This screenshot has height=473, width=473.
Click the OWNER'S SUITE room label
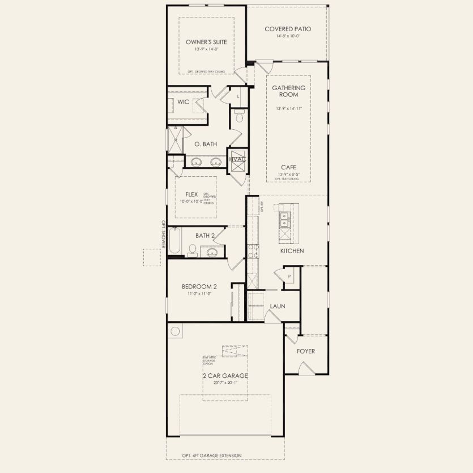206,42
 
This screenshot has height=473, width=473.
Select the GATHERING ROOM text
288,91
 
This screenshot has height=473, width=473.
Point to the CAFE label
288,167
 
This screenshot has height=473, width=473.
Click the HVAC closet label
237,159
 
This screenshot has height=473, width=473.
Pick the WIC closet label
183,102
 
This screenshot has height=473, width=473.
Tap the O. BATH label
206,144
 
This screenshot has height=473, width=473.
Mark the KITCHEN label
292,250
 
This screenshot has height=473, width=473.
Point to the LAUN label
277,306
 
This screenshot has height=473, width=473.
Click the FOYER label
306,351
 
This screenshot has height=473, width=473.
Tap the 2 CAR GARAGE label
225,376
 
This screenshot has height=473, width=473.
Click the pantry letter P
289,276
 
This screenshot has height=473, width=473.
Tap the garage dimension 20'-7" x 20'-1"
225,383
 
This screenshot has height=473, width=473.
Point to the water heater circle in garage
175,331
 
